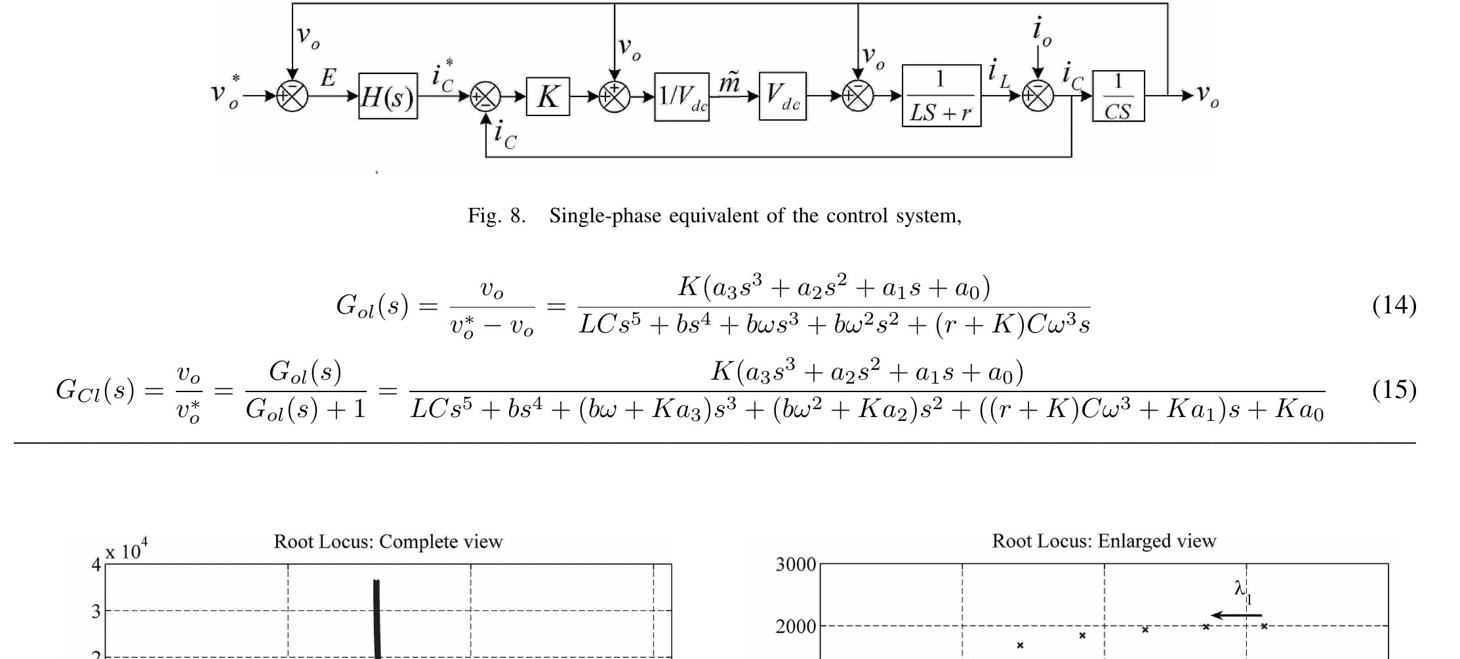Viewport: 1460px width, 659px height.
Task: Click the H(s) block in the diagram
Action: coord(388,96)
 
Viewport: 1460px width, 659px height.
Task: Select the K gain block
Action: coord(548,96)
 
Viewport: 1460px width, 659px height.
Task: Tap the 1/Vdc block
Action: coord(681,96)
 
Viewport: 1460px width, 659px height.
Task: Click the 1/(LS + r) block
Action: coord(941,96)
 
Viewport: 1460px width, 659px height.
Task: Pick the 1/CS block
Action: coord(1118,96)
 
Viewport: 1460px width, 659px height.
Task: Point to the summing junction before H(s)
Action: coord(292,96)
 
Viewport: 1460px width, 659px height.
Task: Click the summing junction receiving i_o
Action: coord(1038,96)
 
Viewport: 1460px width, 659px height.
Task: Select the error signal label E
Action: coord(328,78)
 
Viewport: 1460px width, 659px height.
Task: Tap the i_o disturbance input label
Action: coord(1041,31)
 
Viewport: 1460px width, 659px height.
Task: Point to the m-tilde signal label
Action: coord(729,83)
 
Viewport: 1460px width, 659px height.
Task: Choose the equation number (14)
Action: coord(1394,305)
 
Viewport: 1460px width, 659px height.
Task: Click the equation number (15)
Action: coord(1394,389)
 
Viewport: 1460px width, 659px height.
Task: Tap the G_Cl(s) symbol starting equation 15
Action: coord(96,389)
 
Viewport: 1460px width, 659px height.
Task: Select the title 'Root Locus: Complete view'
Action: coord(388,542)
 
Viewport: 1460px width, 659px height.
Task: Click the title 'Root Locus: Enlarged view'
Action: coord(1104,541)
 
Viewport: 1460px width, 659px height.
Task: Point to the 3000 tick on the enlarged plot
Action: coord(796,565)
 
